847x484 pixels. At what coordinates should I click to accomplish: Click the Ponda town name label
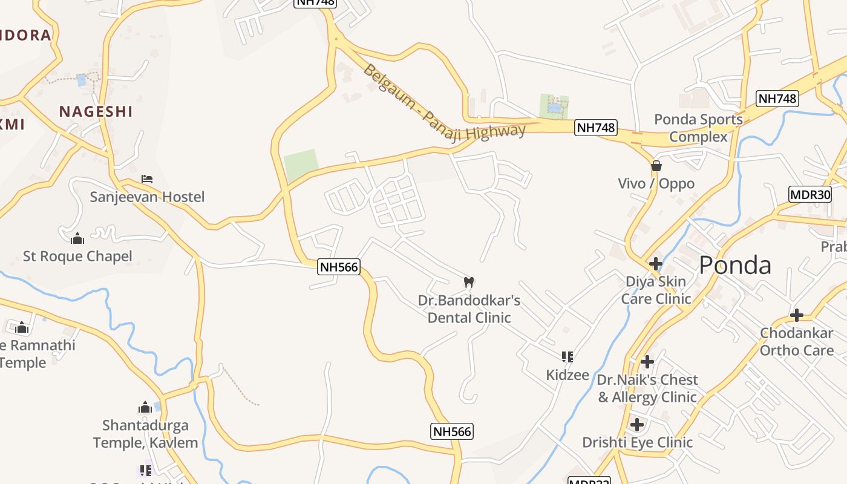coord(735,266)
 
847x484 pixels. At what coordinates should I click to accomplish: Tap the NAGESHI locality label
coord(96,111)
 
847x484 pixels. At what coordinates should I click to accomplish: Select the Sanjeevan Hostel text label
coord(147,197)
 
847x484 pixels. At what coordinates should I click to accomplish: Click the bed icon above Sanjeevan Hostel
coord(146,179)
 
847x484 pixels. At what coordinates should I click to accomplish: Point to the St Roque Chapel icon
coord(77,238)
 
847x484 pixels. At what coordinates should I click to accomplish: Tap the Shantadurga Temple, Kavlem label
coord(145,434)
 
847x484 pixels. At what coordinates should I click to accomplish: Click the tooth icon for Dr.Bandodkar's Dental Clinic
coord(468,282)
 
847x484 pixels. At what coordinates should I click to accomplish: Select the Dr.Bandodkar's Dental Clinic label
coord(469,309)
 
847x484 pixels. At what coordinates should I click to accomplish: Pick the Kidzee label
coord(567,374)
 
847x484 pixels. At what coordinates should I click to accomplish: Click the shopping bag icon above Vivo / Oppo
coord(656,166)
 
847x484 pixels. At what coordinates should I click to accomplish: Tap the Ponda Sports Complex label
coord(698,128)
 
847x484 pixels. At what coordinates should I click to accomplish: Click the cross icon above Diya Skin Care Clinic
coord(656,264)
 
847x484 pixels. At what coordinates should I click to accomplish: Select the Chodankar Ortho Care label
coord(796,341)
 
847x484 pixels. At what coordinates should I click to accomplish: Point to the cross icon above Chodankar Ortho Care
coord(797,315)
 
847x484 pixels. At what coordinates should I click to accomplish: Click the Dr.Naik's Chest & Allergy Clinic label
coord(647,388)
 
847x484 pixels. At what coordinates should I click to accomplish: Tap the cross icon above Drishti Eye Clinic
coord(637,425)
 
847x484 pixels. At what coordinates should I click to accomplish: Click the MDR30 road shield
coord(810,194)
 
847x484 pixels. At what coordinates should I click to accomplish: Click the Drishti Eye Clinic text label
coord(637,442)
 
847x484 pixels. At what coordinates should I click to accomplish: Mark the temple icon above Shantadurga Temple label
coord(145,407)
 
